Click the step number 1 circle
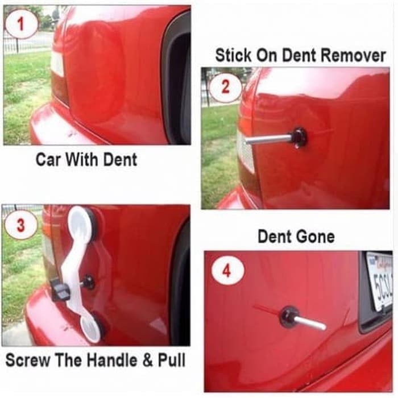[22, 23]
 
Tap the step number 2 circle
[225, 87]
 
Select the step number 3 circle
[20, 226]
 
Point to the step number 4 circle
[227, 271]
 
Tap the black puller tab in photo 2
[297, 137]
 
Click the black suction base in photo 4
[289, 317]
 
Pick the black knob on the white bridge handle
[60, 291]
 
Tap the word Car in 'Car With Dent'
[48, 160]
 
